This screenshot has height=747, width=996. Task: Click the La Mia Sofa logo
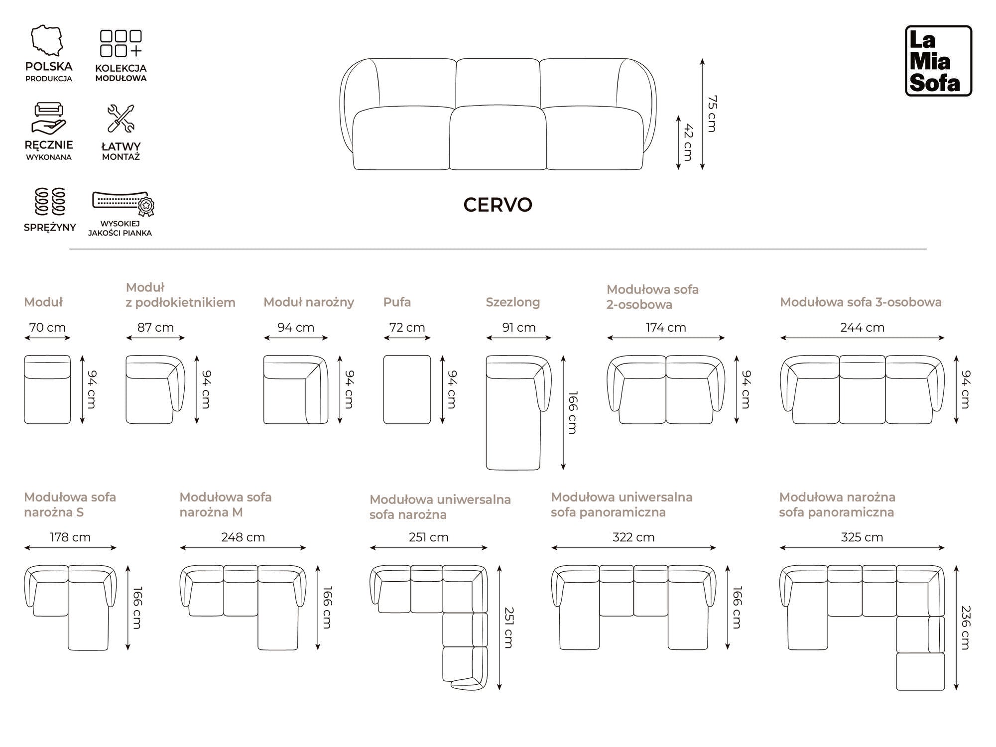coord(938,61)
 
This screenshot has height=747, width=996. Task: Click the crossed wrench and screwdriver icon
coord(121,119)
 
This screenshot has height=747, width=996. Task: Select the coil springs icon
coord(50,201)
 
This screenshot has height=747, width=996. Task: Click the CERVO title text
coord(498,205)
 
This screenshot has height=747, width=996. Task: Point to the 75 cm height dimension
coord(712,114)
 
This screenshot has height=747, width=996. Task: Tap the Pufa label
coord(397,302)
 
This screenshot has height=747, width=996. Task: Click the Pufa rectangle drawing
coord(407,389)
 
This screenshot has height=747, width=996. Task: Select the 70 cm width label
coord(47,327)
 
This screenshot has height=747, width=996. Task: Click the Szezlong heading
coord(512,302)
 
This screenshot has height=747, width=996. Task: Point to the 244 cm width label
coord(862,327)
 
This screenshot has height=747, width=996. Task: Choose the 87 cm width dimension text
coord(155,327)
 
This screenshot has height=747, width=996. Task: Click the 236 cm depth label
coord(966,627)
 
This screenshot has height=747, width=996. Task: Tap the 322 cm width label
coord(633,537)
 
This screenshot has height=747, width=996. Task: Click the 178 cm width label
coord(70,537)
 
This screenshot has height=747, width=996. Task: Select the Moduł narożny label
coord(308,302)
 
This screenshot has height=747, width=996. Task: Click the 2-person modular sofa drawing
coord(666,389)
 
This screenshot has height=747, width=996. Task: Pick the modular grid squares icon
coord(121,43)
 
